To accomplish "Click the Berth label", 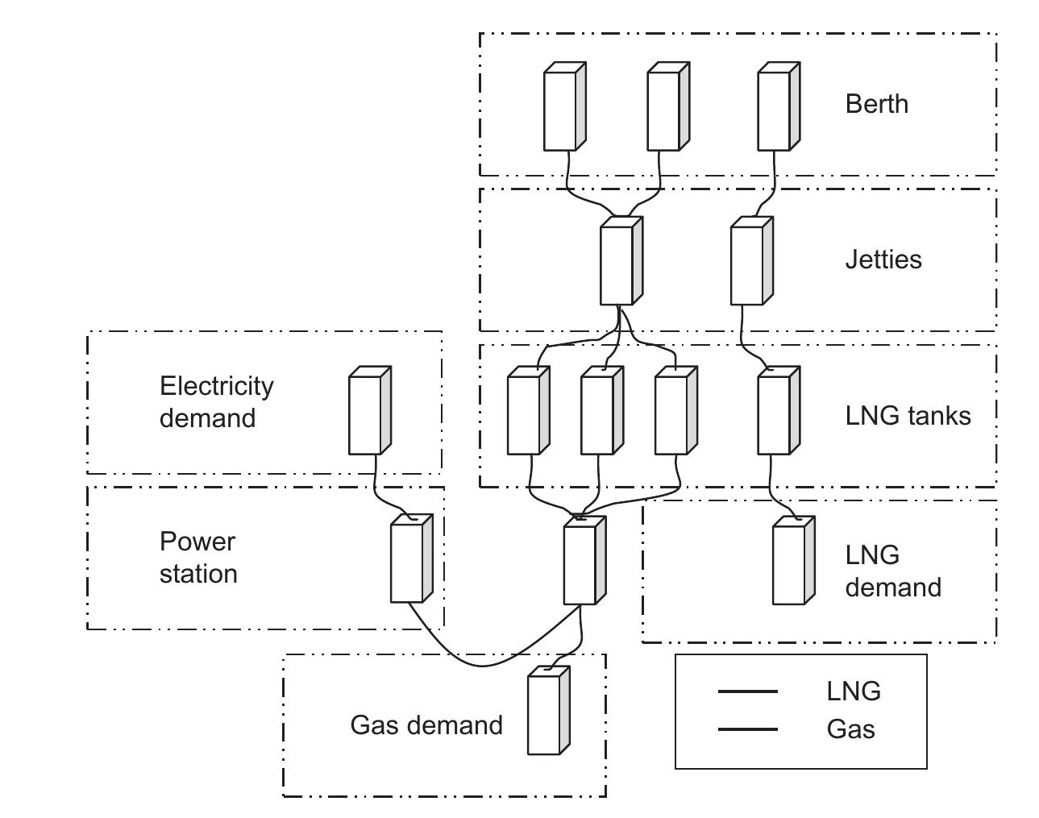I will [876, 104].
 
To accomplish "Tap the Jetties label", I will [883, 260].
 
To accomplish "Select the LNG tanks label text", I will [908, 416].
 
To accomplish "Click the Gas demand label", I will [426, 725].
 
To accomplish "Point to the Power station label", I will [198, 558].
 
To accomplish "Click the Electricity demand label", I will [216, 402].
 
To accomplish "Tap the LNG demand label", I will [892, 571].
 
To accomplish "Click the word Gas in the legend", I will [850, 729].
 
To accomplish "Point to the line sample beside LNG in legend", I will [747, 691].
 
